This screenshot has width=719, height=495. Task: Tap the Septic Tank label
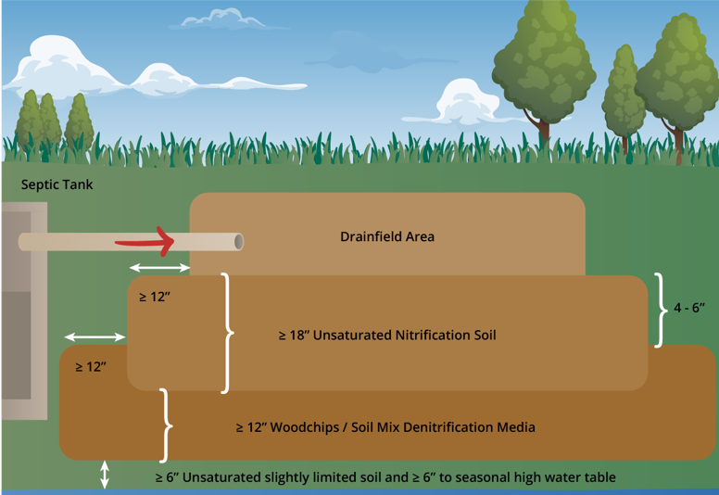(57, 184)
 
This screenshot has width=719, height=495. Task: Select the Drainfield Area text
(387, 236)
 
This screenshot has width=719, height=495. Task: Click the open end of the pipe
(239, 242)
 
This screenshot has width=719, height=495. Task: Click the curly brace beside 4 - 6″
(660, 310)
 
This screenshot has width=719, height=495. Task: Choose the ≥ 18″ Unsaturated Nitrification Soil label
(387, 335)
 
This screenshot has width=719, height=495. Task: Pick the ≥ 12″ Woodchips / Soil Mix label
(385, 427)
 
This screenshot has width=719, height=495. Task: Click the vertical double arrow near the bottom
(105, 475)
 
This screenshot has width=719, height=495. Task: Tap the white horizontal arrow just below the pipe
(159, 268)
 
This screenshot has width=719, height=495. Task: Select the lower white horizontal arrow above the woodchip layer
(95, 336)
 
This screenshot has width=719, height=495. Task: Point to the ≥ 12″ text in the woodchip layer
(90, 366)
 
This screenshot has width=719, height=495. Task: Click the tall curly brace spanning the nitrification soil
(227, 333)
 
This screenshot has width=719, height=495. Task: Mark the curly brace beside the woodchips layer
(167, 425)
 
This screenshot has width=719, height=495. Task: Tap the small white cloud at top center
(223, 18)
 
